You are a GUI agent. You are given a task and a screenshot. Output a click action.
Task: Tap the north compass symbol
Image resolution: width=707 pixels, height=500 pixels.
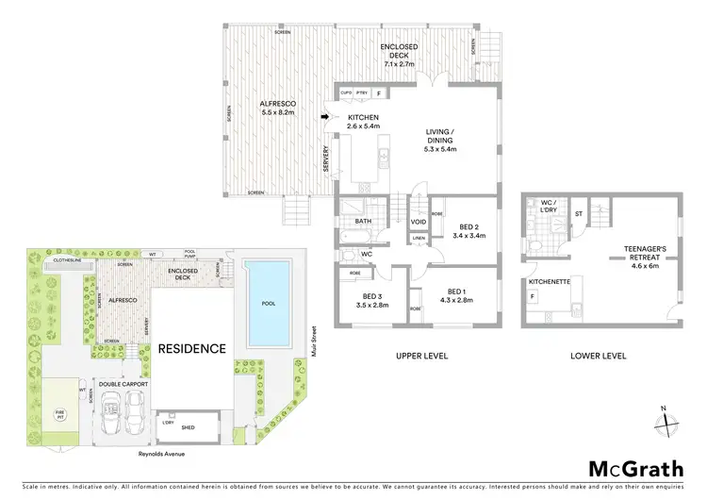point(667,422)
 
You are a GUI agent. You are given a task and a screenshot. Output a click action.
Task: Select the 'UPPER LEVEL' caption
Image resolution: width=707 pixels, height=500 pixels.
point(421,358)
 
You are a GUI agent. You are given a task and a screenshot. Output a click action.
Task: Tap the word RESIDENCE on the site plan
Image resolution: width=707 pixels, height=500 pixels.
point(191,348)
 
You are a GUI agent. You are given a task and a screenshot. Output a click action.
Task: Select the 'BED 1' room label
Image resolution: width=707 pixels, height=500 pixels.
point(455,294)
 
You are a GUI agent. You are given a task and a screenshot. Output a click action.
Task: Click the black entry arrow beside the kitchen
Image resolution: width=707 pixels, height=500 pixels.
point(325,117)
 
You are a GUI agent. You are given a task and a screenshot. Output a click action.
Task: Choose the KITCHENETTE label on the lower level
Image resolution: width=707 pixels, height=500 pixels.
point(545,281)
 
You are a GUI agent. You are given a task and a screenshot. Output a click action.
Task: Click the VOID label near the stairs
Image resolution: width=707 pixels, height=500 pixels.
point(418,222)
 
